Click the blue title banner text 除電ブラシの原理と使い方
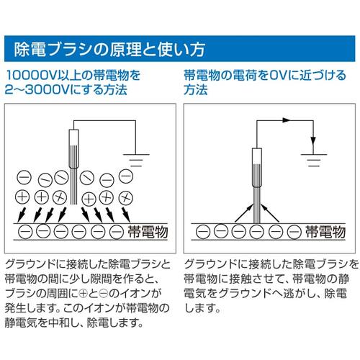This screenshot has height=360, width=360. pyautogui.click(x=109, y=50)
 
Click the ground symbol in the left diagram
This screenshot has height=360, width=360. pyautogui.click(x=136, y=160)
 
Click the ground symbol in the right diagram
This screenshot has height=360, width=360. pyautogui.click(x=314, y=160)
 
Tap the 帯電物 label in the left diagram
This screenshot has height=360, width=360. pyautogui.click(x=148, y=232)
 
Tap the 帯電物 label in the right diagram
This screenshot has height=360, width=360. pyautogui.click(x=325, y=232)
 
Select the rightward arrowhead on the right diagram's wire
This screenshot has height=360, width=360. pyautogui.click(x=287, y=120)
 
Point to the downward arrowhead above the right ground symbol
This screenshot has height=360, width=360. pyautogui.click(x=313, y=140)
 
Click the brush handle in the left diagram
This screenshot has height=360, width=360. pyautogui.click(x=73, y=149)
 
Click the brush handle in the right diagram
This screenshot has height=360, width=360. pyautogui.click(x=257, y=167)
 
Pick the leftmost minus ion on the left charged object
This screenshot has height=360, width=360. pyautogui.click(x=25, y=232)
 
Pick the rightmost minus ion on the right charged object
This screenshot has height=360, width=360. pyautogui.click(x=294, y=232)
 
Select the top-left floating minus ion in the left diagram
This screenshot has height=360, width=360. pyautogui.click(x=24, y=178)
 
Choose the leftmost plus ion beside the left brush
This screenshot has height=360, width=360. pyautogui.click(x=22, y=197)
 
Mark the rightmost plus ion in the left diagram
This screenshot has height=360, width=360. pyautogui.click(x=125, y=198)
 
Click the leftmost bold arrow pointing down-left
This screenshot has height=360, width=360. pyautogui.click(x=22, y=215)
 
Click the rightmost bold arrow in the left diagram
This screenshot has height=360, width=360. pyautogui.click(x=126, y=215)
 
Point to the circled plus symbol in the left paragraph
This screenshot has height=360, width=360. pyautogui.click(x=84, y=294)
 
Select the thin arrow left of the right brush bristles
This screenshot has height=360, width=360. pyautogui.click(x=244, y=213)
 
